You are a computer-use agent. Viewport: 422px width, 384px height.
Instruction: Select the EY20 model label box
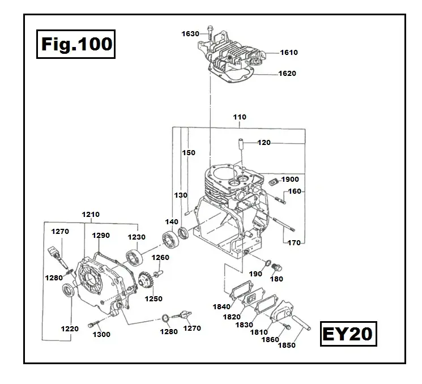pyautogui.click(x=348, y=333)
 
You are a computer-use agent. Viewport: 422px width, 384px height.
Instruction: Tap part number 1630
pyautogui.click(x=190, y=34)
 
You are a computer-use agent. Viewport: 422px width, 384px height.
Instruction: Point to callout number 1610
pyautogui.click(x=288, y=53)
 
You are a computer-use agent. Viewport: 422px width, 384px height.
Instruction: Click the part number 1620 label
pyautogui.click(x=287, y=74)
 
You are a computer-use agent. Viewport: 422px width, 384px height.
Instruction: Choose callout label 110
pyautogui.click(x=240, y=117)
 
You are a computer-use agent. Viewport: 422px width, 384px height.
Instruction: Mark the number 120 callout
pyautogui.click(x=264, y=143)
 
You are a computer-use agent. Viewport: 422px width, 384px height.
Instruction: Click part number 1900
pyautogui.click(x=289, y=180)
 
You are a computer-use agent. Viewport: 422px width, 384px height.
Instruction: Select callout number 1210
pyautogui.click(x=91, y=215)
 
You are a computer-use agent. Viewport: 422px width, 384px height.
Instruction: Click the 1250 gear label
pyautogui.click(x=153, y=299)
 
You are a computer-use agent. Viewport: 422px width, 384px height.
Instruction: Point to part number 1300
pyautogui.click(x=101, y=335)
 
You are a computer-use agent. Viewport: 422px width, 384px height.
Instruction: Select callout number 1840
pyautogui.click(x=221, y=306)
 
